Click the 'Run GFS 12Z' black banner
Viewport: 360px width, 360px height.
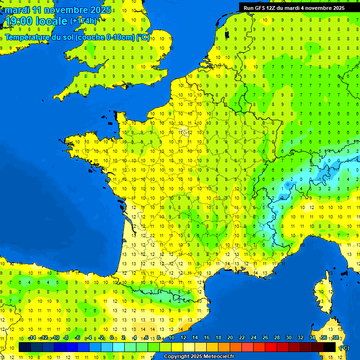click(294, 7)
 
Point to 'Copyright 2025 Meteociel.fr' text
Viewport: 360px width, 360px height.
click(199, 356)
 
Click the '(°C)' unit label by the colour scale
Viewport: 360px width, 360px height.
click(344, 348)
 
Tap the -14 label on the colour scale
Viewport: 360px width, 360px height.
click(32, 338)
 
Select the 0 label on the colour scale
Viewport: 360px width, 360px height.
click(112, 338)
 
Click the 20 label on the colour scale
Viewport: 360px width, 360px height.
click(230, 338)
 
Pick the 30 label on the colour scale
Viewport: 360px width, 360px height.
click(289, 338)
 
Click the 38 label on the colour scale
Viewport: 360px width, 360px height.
click(336, 338)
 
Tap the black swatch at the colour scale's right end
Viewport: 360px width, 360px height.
click(330, 347)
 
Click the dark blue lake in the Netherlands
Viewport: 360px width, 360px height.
click(227, 34)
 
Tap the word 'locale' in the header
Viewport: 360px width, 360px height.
click(51, 21)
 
